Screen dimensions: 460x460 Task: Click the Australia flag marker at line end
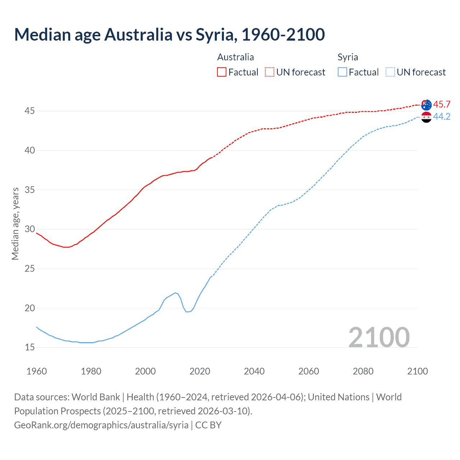(426, 105)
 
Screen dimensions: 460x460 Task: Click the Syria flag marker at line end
(426, 117)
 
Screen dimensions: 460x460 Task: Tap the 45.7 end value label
(442, 105)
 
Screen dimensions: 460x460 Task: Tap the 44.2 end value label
(442, 116)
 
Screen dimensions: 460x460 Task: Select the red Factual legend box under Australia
(222, 72)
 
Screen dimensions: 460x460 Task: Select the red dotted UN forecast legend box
(270, 72)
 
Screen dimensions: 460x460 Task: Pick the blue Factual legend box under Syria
(342, 72)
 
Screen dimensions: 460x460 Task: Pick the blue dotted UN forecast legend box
(390, 72)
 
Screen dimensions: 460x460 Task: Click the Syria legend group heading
(348, 57)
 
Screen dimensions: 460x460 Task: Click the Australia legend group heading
(235, 57)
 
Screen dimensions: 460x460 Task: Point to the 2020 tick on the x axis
(200, 371)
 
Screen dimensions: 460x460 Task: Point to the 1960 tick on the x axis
(37, 371)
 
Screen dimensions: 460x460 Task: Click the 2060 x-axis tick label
(309, 371)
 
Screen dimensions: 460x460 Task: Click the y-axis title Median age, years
(15, 224)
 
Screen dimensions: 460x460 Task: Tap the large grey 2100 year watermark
(379, 337)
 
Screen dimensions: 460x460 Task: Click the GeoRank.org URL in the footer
(101, 425)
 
